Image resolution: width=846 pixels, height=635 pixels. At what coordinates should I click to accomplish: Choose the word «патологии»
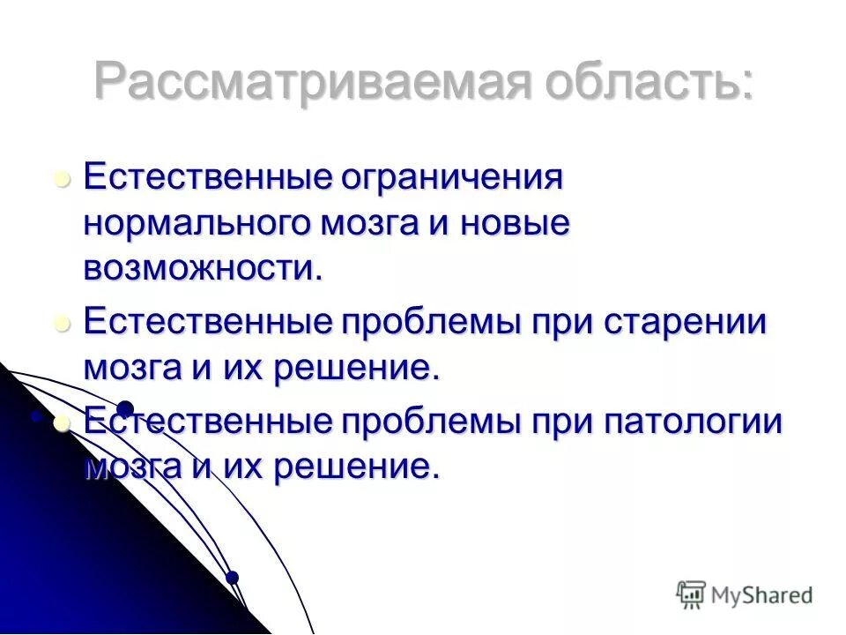[x=693, y=421]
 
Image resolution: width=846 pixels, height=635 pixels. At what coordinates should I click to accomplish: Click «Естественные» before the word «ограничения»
[x=206, y=177]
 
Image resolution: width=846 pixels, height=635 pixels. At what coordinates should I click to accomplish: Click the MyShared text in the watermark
[x=761, y=595]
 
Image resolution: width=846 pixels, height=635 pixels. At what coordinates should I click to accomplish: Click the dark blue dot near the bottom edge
[x=232, y=578]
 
